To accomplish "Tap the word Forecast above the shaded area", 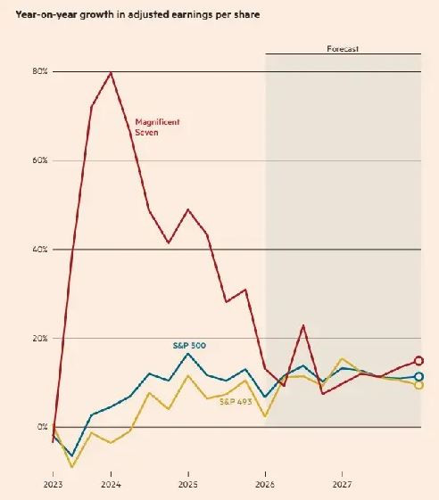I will point(343,49).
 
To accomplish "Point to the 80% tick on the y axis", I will point(41,71).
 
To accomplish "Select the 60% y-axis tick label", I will point(41,160).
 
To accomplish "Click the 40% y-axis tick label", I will point(41,250).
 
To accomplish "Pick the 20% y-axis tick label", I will point(41,339).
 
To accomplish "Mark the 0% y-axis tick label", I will point(43,428).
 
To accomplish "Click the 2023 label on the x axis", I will point(53,486).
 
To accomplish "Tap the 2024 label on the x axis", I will point(111,486).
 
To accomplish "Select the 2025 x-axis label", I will point(187,486).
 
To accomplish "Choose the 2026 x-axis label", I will point(265,486).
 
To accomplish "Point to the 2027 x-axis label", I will point(342,486).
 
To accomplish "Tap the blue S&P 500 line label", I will point(189,344).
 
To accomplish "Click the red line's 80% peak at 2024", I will point(111,72).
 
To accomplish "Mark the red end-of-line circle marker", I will point(418,361).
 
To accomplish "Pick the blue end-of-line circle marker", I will point(418,376).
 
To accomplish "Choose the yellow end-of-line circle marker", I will point(418,385).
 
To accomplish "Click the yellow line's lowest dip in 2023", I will point(72,466).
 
